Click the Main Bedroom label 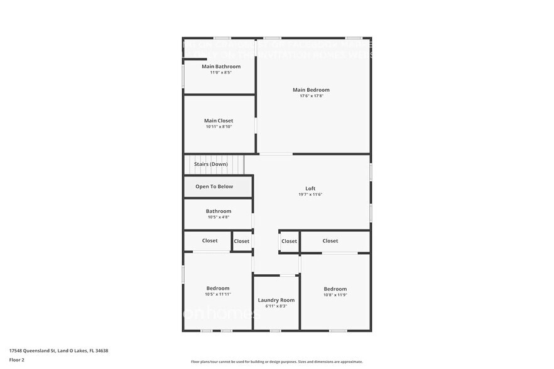(311, 90)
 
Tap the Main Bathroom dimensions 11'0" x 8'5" (221, 73)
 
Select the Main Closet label (219, 120)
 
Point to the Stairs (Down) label (210, 164)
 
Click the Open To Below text (214, 186)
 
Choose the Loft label (310, 188)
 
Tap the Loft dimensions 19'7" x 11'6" (310, 195)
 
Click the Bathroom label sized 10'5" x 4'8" (219, 211)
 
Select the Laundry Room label (276, 300)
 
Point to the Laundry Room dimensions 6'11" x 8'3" (276, 306)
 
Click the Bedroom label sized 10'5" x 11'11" (218, 288)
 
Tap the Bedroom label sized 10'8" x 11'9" (335, 289)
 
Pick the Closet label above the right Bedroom (330, 241)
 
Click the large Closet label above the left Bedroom (210, 241)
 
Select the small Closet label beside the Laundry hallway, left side (242, 241)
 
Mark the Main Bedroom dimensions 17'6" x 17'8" (311, 96)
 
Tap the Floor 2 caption (16, 360)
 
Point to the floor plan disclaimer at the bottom (277, 361)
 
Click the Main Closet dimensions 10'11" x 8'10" (219, 127)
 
